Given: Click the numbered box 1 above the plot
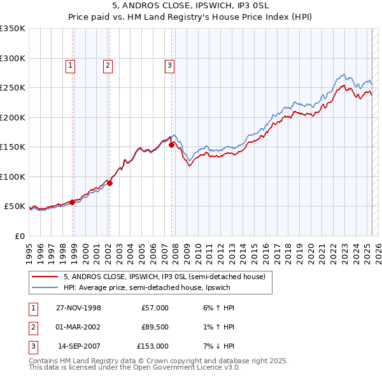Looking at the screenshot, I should click(69, 64).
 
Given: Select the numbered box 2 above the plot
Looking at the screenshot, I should click(108, 64).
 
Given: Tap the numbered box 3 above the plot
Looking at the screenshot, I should click(170, 64).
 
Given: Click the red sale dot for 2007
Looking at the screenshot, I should click(171, 145).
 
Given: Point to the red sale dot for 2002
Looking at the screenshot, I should click(110, 183).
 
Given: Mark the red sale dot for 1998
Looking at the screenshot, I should click(73, 202).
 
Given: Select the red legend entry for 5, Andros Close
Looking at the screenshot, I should click(168, 277).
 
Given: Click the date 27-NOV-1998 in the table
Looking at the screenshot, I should click(78, 308).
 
